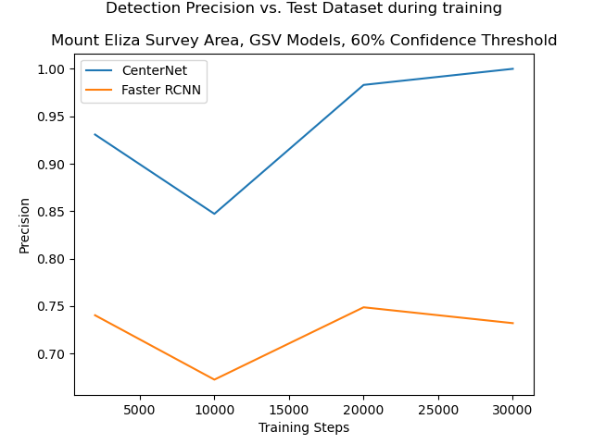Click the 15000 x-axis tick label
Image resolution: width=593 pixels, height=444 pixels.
pyautogui.click(x=289, y=409)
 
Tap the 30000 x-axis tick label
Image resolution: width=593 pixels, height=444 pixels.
pyautogui.click(x=512, y=409)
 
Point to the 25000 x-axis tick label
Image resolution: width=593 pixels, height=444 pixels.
pyautogui.click(x=438, y=409)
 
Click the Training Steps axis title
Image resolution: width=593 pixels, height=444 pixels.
pyautogui.click(x=304, y=427)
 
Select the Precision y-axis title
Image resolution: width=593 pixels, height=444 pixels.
pyautogui.click(x=25, y=225)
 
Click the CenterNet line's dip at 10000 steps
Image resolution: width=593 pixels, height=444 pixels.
pyautogui.click(x=214, y=214)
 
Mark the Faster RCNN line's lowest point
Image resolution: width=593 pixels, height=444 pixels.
pyautogui.click(x=214, y=379)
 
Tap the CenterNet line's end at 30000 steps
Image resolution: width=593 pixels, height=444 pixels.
pyautogui.click(x=512, y=68)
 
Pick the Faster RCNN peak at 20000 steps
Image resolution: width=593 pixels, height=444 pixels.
pyautogui.click(x=363, y=307)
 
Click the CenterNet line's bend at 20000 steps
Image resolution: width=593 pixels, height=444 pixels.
pyautogui.click(x=363, y=85)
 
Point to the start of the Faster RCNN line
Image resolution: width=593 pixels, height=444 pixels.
pyautogui.click(x=95, y=314)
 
